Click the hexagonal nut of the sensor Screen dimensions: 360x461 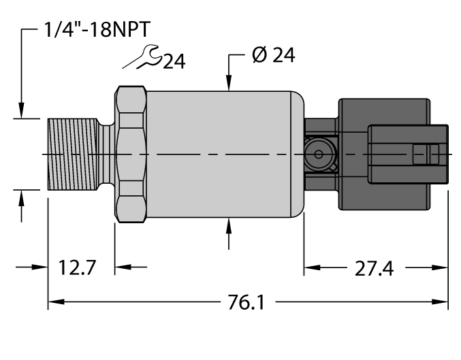click(x=131, y=154)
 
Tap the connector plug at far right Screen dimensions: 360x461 click(x=407, y=154)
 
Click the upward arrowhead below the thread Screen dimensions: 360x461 click(x=22, y=197)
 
